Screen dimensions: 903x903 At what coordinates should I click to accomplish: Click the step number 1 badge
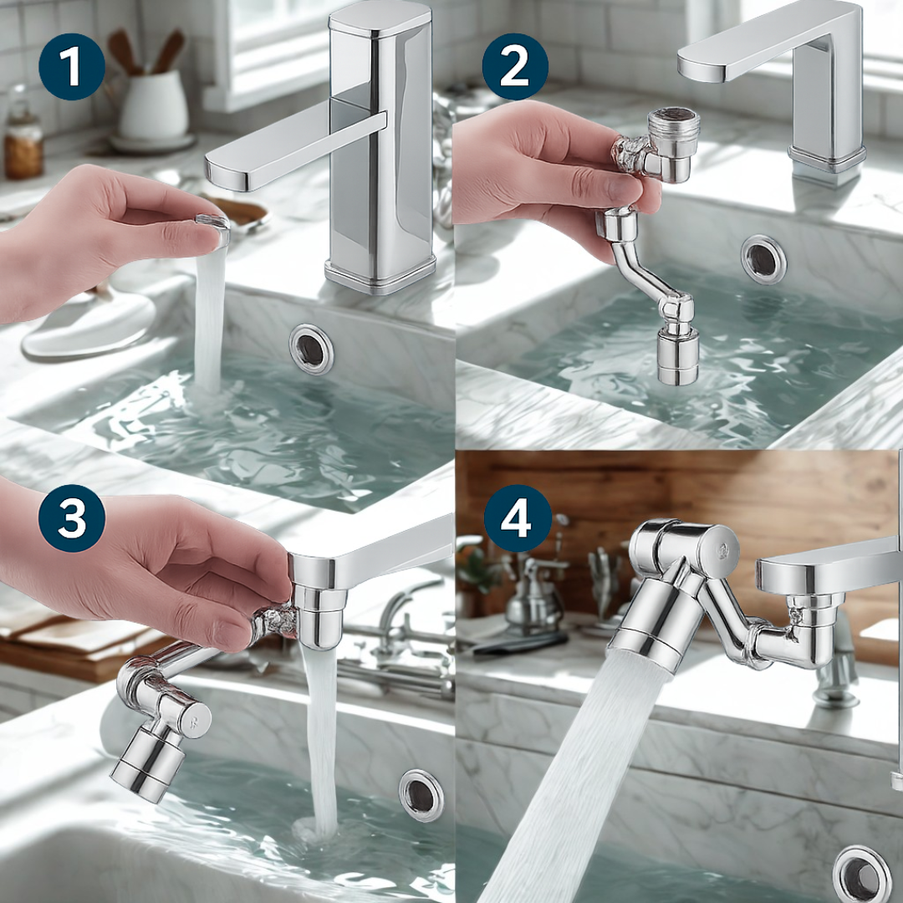[71, 67]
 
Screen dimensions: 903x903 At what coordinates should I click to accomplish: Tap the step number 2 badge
[515, 67]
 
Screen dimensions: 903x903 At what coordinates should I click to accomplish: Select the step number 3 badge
[71, 518]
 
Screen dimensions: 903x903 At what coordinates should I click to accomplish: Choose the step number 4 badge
[518, 518]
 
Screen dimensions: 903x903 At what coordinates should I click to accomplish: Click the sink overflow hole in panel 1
[312, 349]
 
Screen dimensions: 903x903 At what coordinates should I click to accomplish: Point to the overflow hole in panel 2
[763, 260]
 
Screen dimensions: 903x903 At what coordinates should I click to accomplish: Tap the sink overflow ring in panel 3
[421, 795]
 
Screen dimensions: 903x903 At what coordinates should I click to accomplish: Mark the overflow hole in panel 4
[862, 875]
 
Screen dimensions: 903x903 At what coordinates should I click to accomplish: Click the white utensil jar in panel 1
[154, 105]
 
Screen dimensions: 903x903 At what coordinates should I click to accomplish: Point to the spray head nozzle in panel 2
[678, 356]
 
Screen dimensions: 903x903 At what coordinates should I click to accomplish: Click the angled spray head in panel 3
[148, 764]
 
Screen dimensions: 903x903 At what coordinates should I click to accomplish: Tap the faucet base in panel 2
[827, 159]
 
